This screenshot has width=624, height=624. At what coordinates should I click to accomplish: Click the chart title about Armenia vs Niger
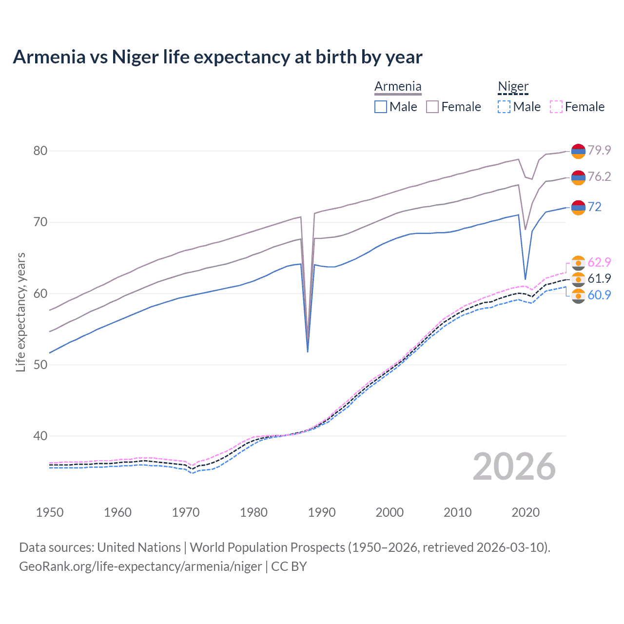(x=217, y=57)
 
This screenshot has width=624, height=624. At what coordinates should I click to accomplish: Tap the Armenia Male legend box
(x=381, y=107)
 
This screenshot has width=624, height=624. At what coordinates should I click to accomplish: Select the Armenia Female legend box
(x=432, y=107)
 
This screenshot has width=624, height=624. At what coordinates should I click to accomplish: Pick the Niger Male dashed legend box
(x=504, y=107)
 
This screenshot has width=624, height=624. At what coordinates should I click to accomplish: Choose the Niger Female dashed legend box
(x=556, y=107)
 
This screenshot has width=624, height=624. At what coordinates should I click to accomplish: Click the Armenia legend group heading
(x=398, y=87)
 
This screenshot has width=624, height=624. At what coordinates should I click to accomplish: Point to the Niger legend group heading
(x=513, y=87)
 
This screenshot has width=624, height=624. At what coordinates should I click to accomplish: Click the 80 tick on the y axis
(x=40, y=151)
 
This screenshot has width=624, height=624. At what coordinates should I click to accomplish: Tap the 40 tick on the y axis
(x=40, y=436)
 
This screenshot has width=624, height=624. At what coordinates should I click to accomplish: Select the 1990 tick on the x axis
(x=322, y=512)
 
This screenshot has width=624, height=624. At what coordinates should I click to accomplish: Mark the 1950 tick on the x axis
(x=50, y=512)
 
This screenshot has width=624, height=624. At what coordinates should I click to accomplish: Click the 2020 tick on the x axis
(x=526, y=512)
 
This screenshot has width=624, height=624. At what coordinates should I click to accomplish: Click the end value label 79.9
(x=599, y=150)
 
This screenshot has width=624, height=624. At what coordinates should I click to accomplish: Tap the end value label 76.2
(x=599, y=176)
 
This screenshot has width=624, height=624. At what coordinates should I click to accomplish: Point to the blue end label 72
(x=594, y=207)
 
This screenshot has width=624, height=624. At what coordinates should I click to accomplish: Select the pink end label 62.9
(x=599, y=262)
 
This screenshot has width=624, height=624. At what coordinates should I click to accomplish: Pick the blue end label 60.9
(x=599, y=295)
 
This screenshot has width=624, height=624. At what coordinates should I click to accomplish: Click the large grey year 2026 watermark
(x=514, y=467)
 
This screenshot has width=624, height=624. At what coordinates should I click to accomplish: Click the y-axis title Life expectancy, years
(x=20, y=312)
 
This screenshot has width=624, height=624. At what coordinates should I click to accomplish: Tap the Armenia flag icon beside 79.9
(x=578, y=151)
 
